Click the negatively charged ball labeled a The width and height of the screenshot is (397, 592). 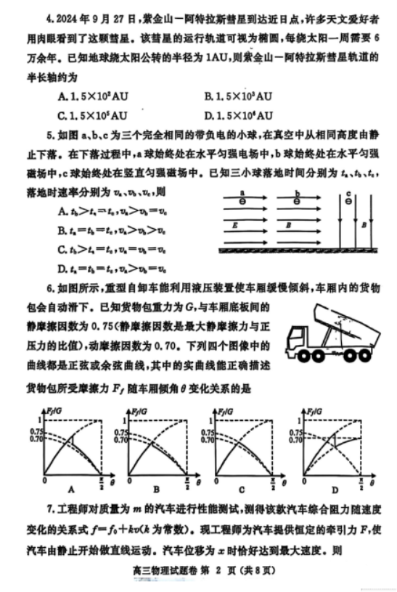241,201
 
